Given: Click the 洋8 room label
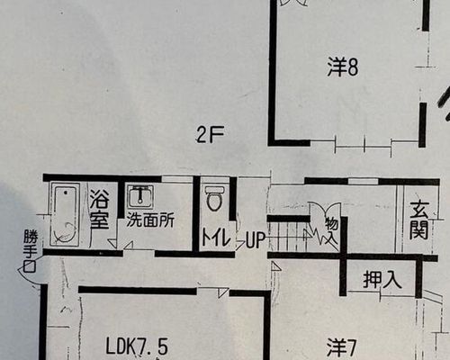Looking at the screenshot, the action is point(343,67).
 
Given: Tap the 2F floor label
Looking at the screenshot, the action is point(210,134).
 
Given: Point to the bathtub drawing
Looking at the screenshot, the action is point(65,214).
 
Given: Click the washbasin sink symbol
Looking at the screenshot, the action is point(140,196).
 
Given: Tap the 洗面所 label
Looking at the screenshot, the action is point(150,220).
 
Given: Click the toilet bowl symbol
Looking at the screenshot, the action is point(215,199).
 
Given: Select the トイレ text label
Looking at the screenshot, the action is point(216,238).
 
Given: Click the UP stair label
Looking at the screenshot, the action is point(256,240).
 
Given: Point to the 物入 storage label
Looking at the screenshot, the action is point(332,230).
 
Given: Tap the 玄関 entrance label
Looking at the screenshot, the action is point(419,220).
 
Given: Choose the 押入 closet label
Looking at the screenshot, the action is point(382,280).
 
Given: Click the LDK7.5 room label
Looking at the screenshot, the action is point(137,346).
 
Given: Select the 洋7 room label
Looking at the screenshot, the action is point(341,347).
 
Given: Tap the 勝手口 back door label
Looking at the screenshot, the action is point(30,250).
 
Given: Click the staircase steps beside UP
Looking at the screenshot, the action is point(288,237).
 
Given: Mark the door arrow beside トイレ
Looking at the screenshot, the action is point(240,245).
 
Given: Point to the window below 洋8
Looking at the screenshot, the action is point(363,147).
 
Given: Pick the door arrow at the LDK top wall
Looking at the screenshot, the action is point(222,292).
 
